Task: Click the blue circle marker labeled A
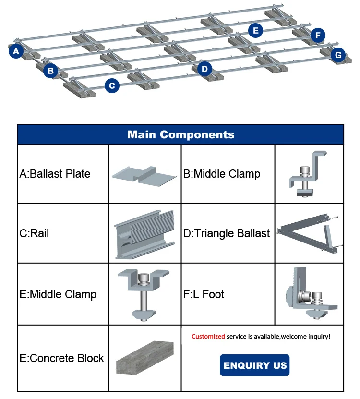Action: click(x=16, y=51)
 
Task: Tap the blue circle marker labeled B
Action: click(x=50, y=72)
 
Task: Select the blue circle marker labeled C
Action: click(x=112, y=86)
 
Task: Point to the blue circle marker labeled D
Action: click(x=205, y=69)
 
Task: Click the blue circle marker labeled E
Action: click(x=256, y=31)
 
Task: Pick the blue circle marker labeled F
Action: click(x=318, y=35)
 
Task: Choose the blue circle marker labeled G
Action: click(x=338, y=55)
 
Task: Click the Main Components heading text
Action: click(x=180, y=134)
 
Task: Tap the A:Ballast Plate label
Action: click(x=55, y=174)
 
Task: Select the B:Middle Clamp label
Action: click(x=222, y=174)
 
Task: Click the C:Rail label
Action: click(x=34, y=233)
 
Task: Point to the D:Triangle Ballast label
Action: click(x=227, y=233)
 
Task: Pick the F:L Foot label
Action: click(x=204, y=294)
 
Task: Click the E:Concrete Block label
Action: click(x=61, y=358)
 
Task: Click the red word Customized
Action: click(x=208, y=337)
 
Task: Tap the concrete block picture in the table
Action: click(x=145, y=358)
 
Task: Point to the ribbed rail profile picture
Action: click(x=145, y=234)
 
